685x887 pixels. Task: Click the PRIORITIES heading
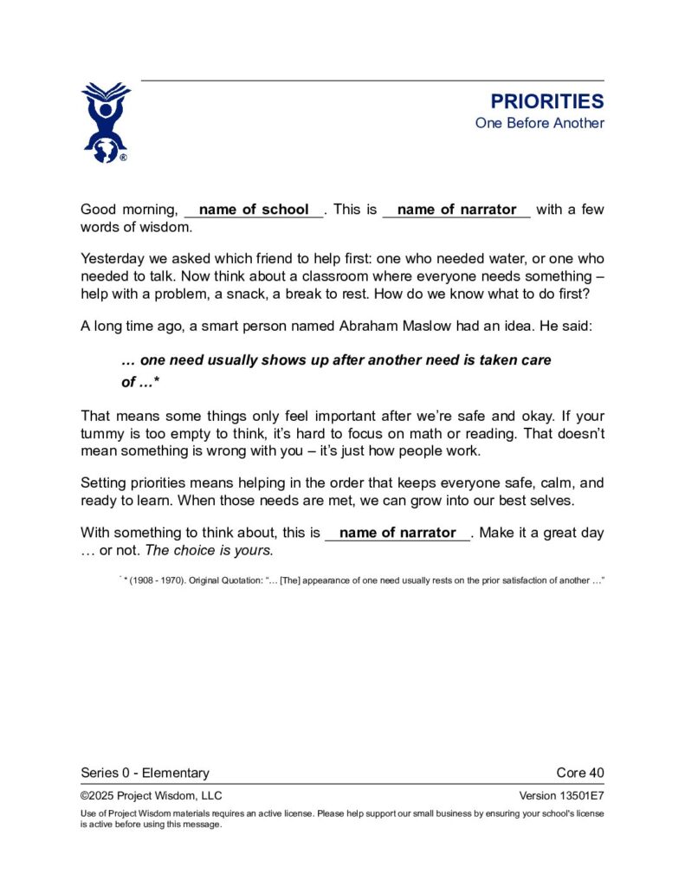(546, 101)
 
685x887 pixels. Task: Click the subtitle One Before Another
(539, 123)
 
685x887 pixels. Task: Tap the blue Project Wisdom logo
(105, 121)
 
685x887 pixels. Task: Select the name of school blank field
(254, 210)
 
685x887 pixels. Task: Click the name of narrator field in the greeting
(456, 210)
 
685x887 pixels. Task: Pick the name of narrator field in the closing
(397, 534)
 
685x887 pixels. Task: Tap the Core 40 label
(579, 773)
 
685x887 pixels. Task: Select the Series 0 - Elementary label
(145, 773)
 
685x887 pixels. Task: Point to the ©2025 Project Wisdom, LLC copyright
(151, 796)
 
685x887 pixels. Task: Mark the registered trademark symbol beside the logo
(123, 158)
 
